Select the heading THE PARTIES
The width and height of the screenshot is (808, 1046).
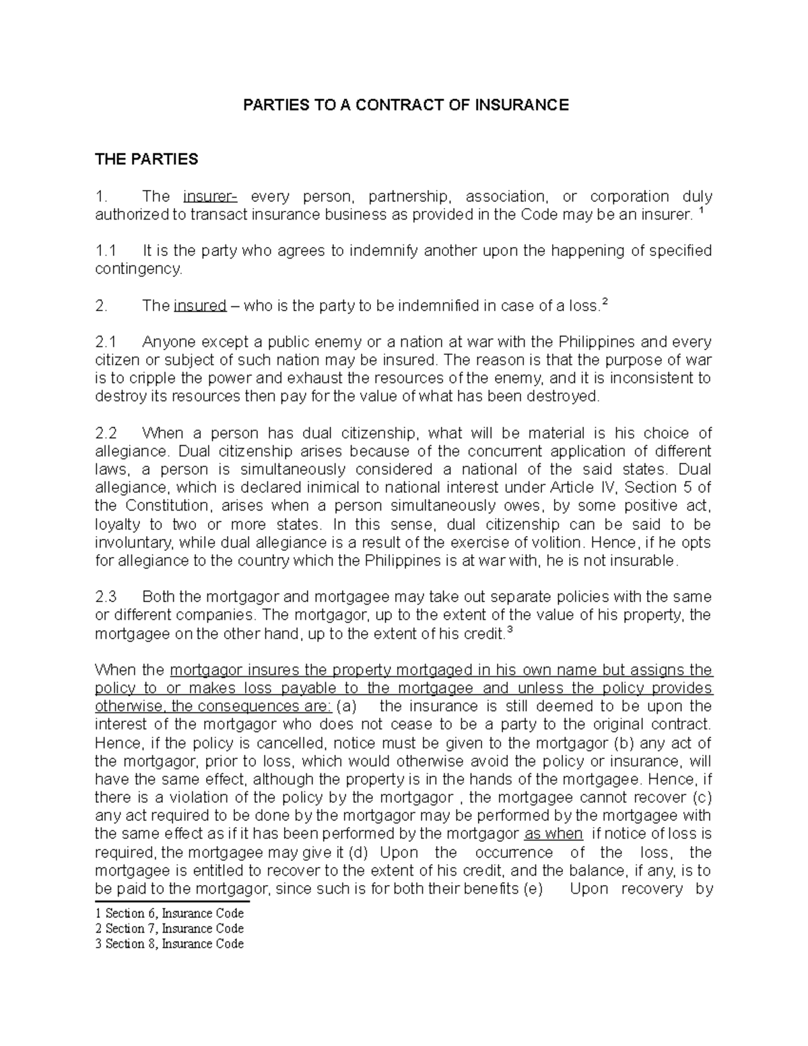coord(147,160)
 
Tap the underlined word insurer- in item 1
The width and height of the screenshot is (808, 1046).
coord(209,197)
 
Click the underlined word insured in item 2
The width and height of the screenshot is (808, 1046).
coord(200,306)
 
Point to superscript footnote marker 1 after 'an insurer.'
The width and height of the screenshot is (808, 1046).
coord(703,211)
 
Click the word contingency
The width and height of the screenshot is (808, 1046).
coord(139,269)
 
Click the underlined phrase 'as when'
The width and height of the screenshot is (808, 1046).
coord(553,834)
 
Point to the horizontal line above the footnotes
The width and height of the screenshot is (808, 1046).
coord(172,901)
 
